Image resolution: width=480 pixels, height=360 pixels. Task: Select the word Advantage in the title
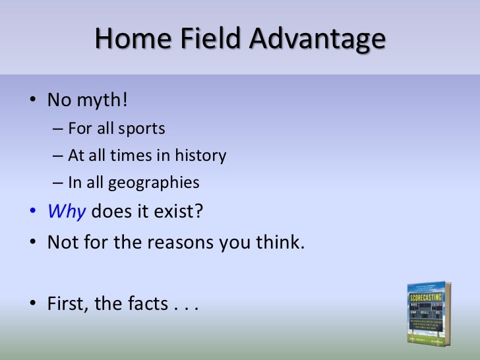[316, 39]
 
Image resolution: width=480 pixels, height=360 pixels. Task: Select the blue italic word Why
[67, 213]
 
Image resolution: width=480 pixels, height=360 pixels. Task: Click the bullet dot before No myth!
[33, 102]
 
